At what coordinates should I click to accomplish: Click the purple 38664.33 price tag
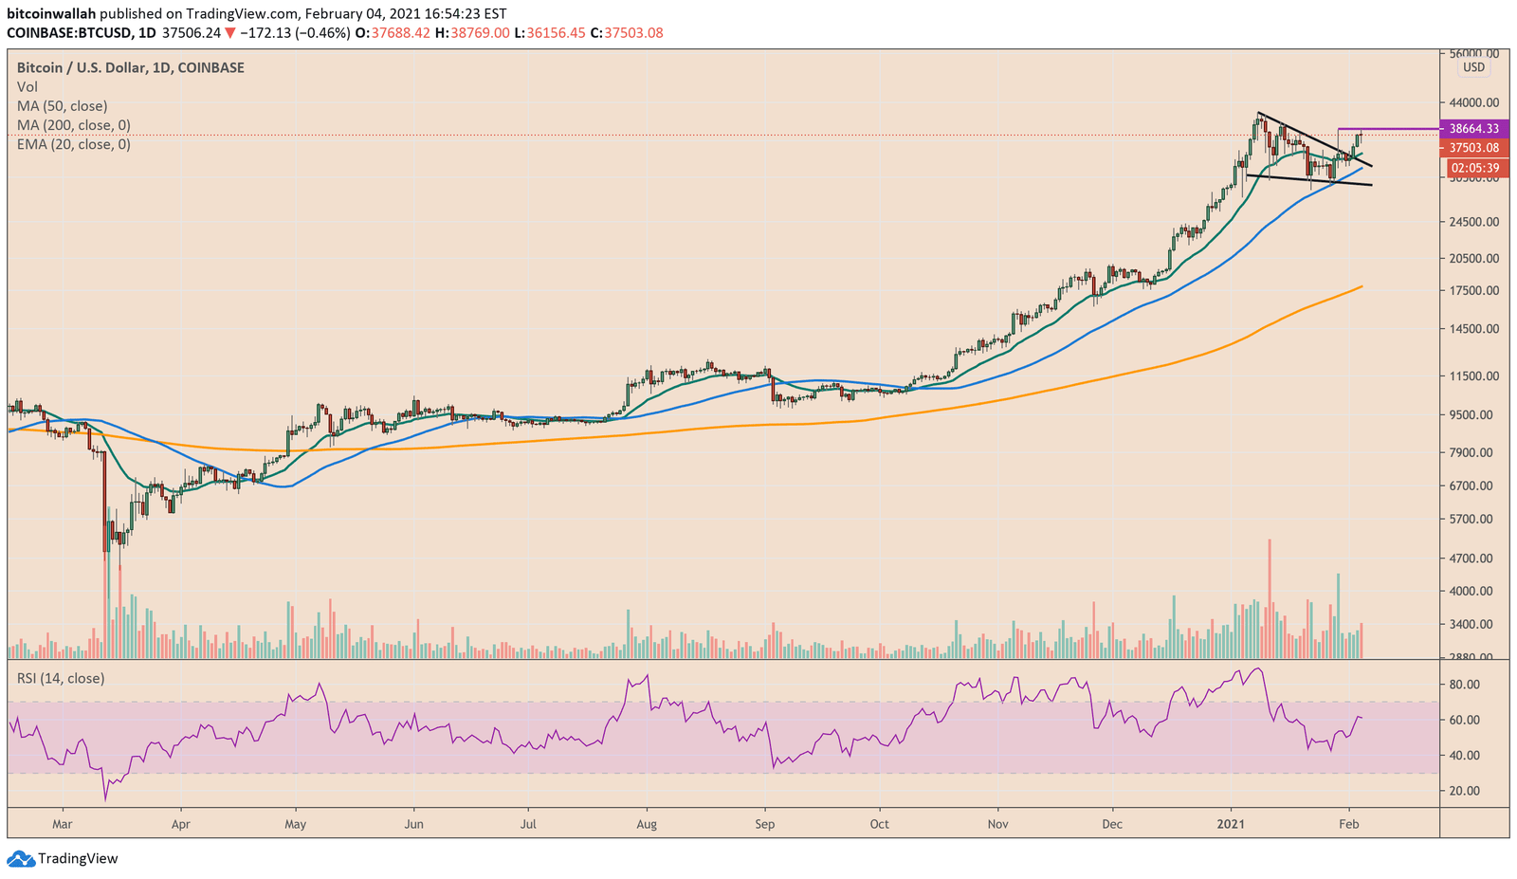1472,128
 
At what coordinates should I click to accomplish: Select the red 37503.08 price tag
1472,148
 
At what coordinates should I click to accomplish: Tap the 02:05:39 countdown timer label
1472,168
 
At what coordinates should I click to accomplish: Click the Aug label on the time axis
647,824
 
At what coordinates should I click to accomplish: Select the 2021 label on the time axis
1231,824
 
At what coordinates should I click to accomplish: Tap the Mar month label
63,824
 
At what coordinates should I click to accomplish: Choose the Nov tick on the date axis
996,824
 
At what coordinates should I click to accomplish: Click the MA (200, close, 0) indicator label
74,125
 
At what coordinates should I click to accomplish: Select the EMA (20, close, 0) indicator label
74,144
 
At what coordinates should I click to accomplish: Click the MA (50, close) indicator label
63,106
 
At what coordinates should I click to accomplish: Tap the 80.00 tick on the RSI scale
1465,685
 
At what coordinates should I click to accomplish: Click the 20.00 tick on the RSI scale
1465,791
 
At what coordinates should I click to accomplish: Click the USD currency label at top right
1473,67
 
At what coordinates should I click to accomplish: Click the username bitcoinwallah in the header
50,14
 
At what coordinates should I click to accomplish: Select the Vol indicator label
27,87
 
